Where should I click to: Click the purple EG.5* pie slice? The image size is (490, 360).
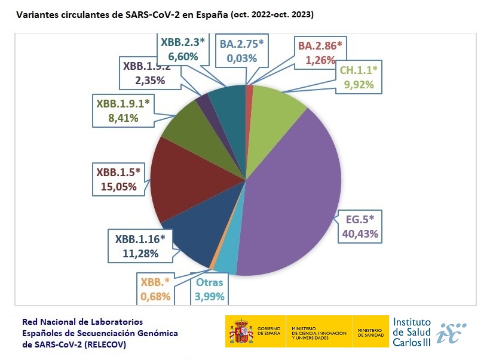[293, 191]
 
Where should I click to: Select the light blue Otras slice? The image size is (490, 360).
[226, 260]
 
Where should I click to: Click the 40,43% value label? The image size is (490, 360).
[360, 233]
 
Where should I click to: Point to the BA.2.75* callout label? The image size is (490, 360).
[241, 44]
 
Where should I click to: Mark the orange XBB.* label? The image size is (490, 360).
[155, 282]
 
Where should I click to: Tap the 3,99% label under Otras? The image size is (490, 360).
[210, 296]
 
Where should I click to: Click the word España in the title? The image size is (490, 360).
[208, 14]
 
